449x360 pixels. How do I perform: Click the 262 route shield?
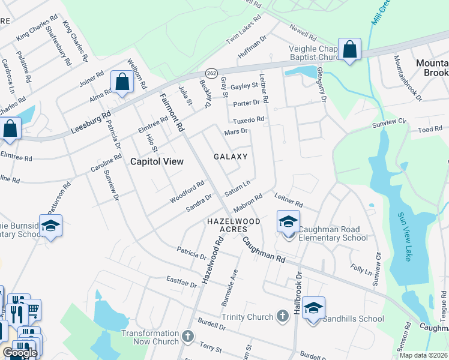click(x=211, y=72)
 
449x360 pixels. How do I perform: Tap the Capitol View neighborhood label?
click(x=157, y=161)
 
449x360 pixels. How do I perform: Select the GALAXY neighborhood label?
click(x=231, y=157)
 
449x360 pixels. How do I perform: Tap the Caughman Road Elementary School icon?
click(x=288, y=221)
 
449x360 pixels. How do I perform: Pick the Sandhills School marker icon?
click(x=313, y=308)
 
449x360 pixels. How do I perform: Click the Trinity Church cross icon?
click(x=283, y=316)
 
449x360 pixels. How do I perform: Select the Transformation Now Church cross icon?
click(x=188, y=336)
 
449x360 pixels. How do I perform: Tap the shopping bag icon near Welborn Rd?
click(x=122, y=82)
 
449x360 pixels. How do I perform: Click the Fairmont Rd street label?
click(x=172, y=112)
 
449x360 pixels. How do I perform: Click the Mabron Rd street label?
click(x=249, y=200)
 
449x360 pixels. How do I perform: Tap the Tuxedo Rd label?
click(x=249, y=119)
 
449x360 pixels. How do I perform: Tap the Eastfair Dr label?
click(x=182, y=280)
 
